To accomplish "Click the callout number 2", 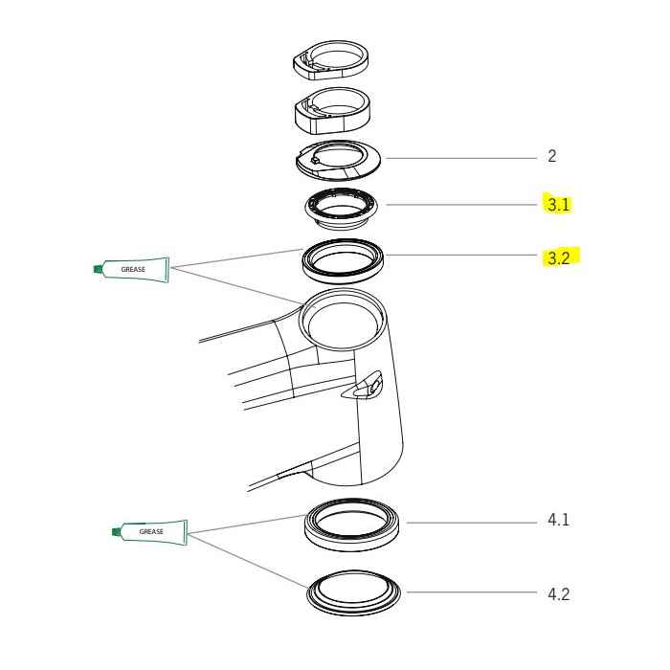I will (551, 156).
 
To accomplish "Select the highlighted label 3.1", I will (557, 205).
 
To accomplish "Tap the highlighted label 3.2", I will (558, 257).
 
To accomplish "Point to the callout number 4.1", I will (559, 521).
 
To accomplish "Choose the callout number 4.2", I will (559, 593).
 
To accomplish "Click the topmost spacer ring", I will (327, 62).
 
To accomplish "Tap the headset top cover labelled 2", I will (339, 159).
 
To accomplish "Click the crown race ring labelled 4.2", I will (355, 593).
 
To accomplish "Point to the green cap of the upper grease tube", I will (97, 270).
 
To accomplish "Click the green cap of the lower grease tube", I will (115, 531).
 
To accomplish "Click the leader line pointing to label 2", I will (459, 158).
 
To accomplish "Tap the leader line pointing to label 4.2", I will (469, 592).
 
